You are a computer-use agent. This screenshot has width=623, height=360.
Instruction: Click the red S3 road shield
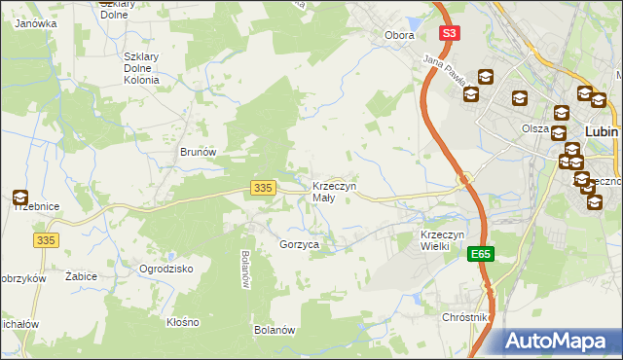click(448, 33)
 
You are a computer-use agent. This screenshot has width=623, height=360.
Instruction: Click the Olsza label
click(534, 128)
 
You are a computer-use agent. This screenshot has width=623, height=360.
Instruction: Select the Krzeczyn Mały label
click(334, 192)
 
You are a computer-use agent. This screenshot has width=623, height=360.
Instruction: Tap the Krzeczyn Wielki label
click(446, 240)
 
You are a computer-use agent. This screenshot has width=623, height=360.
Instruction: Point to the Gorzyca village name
click(299, 245)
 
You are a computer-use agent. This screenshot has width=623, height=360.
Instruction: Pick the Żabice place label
click(81, 276)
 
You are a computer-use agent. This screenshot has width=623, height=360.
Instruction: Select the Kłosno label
click(182, 322)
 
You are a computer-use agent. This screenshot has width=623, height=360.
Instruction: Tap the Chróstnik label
click(464, 318)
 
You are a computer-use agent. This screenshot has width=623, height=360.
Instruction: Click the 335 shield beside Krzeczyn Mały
click(261, 188)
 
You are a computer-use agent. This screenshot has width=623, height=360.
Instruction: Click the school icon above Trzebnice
click(20, 198)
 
